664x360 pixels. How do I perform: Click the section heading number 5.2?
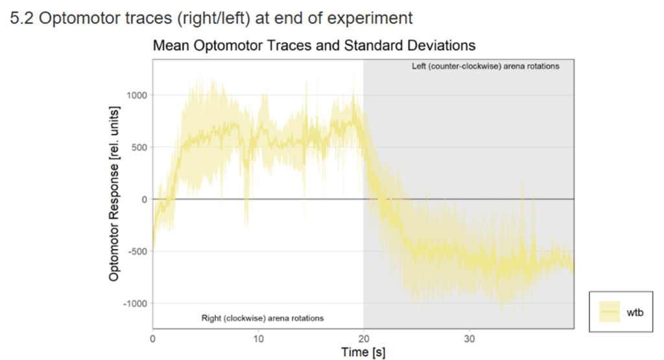click(23, 18)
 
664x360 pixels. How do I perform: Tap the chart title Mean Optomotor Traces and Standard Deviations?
click(314, 45)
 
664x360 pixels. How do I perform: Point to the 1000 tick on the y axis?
click(137, 95)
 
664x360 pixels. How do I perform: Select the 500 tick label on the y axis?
click(139, 147)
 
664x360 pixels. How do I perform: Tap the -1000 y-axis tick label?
click(136, 304)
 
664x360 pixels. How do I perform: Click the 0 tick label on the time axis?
click(152, 338)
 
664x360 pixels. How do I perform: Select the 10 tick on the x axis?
click(258, 338)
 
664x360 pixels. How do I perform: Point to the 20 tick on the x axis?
click(363, 338)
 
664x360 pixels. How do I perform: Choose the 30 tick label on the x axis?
click(469, 338)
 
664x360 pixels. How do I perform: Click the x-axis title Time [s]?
click(363, 352)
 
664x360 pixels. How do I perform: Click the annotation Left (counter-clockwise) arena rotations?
click(485, 66)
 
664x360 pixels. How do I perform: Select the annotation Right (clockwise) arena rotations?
click(262, 318)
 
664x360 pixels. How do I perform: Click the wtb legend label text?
click(635, 312)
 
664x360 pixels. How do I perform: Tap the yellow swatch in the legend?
click(610, 312)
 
